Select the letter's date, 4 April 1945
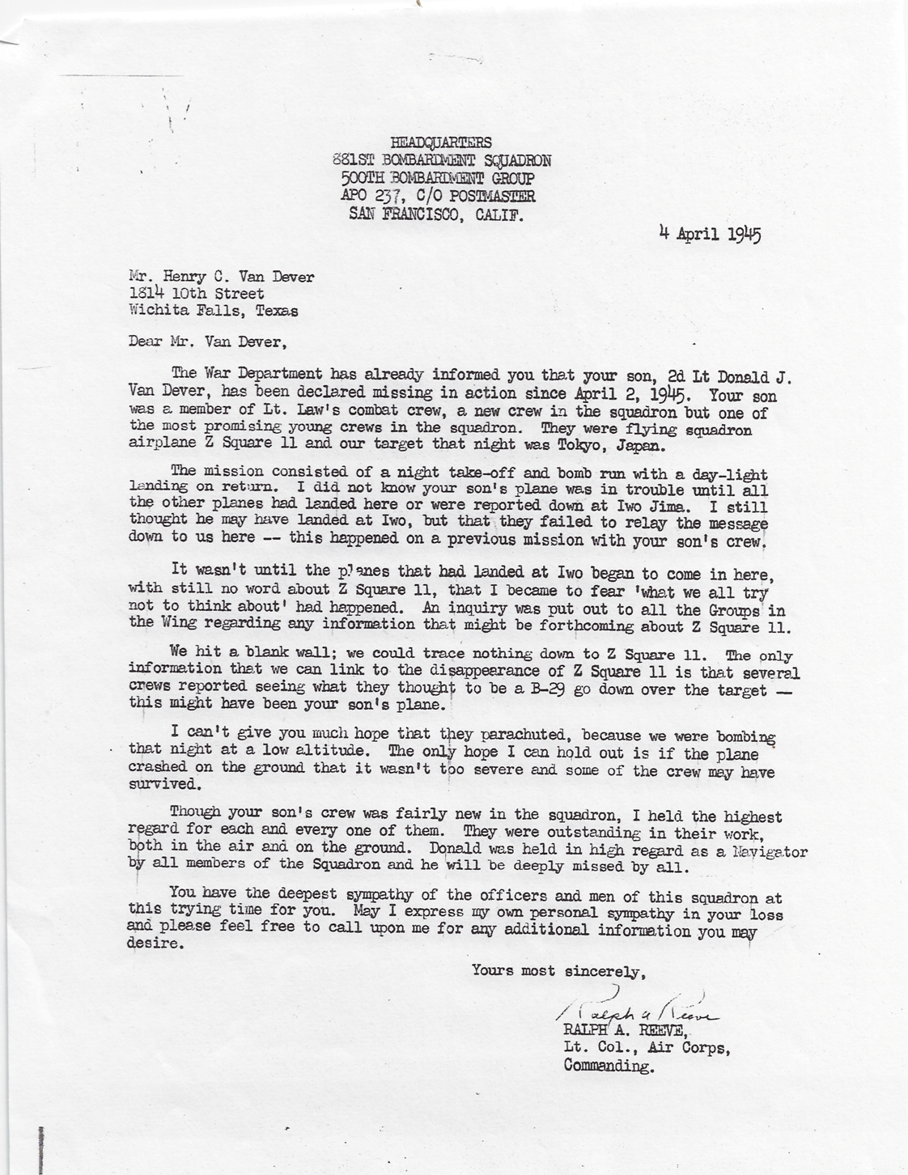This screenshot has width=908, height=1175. (710, 235)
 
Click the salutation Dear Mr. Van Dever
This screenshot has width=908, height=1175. (208, 341)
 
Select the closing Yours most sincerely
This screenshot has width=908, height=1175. (559, 970)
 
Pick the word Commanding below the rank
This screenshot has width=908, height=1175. (608, 1066)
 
